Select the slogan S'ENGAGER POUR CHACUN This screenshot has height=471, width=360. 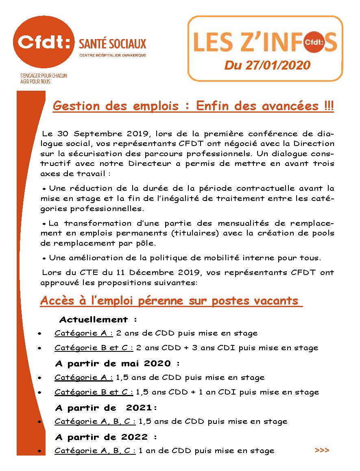pyautogui.click(x=44, y=76)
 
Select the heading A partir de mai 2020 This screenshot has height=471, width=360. pyautogui.click(x=117, y=363)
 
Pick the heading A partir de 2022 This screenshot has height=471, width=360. pyautogui.click(x=106, y=437)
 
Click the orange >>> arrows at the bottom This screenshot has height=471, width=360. pyautogui.click(x=322, y=450)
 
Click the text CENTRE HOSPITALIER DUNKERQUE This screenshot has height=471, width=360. pyautogui.click(x=113, y=55)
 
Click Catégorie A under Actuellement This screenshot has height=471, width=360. pyautogui.click(x=83, y=333)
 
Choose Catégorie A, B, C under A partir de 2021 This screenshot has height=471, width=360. pyautogui.click(x=95, y=421)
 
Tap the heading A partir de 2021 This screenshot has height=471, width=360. pyautogui.click(x=106, y=408)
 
